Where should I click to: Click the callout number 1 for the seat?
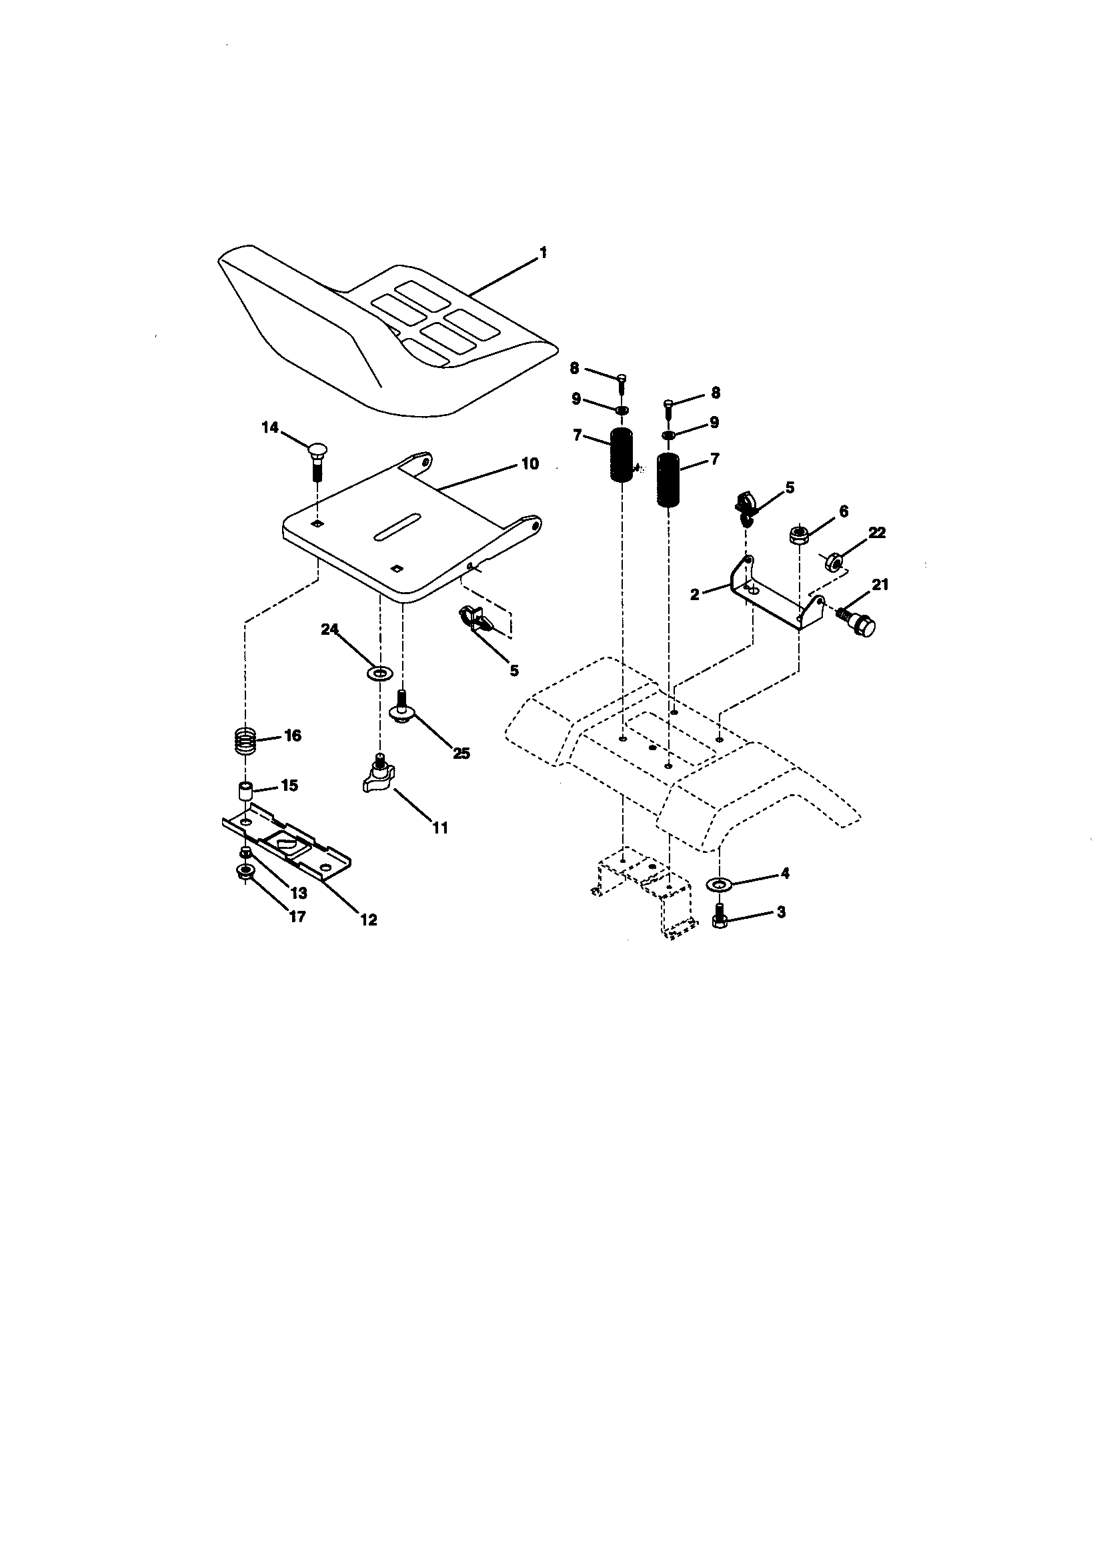point(543,253)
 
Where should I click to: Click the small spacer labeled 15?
point(245,791)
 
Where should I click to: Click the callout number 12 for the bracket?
point(369,920)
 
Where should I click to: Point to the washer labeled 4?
point(718,884)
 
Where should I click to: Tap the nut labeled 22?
point(832,561)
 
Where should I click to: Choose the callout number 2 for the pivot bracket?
point(694,595)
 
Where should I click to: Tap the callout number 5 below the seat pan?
point(514,671)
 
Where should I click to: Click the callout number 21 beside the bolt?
point(880,584)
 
